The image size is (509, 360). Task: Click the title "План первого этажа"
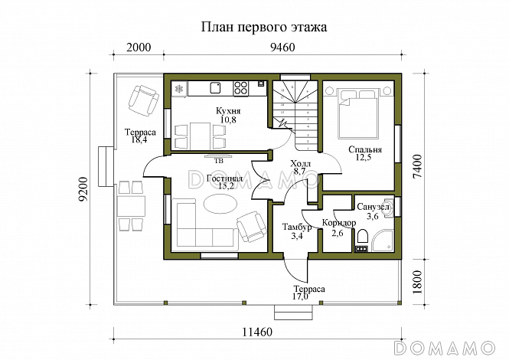pyautogui.click(x=264, y=27)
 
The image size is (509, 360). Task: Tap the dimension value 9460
pyautogui.click(x=282, y=47)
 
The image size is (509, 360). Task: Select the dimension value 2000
pyautogui.click(x=139, y=47)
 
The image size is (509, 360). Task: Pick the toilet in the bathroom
pyautogui.click(x=363, y=237)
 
